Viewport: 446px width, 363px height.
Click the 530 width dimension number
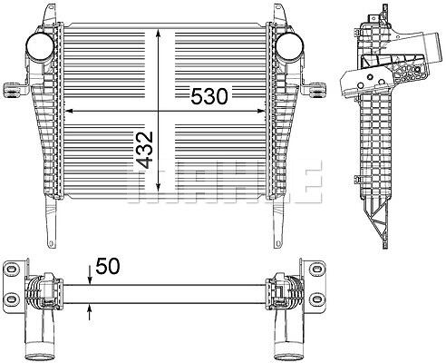tap(208, 96)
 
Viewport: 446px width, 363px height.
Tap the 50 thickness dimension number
tap(108, 266)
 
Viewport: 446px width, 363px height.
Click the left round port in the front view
tap(40, 47)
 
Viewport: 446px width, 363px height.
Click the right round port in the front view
tap(289, 47)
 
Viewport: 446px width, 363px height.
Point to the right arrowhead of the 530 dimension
tap(260, 111)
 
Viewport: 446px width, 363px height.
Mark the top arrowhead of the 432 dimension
tap(158, 34)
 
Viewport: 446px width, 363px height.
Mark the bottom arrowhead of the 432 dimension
tap(158, 187)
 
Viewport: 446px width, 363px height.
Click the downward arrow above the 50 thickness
tap(90, 275)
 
